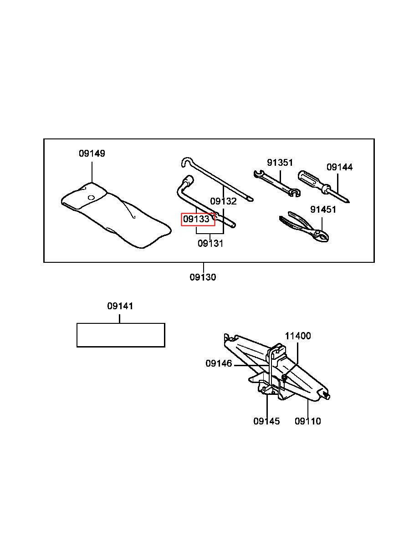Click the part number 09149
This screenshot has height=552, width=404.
click(92, 153)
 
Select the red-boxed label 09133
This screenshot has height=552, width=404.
click(196, 219)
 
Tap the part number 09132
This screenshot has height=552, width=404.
click(223, 201)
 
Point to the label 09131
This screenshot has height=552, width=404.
click(210, 244)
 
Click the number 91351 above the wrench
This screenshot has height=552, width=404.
click(280, 163)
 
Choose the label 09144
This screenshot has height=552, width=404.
click(339, 167)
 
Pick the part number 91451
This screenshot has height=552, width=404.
click(323, 210)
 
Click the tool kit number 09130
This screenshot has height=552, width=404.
click(203, 277)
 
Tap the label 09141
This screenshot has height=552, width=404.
click(120, 306)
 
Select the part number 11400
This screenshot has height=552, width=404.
click(298, 336)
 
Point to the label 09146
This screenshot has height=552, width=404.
click(219, 363)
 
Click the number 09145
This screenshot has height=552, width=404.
click(266, 421)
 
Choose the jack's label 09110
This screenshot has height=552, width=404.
click(308, 421)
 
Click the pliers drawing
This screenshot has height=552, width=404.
click(304, 227)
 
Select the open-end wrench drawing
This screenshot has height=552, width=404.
click(277, 184)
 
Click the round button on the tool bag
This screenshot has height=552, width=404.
click(91, 198)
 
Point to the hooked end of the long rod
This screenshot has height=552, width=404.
click(186, 161)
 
